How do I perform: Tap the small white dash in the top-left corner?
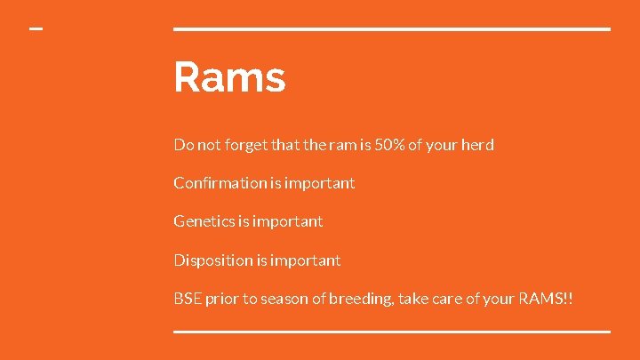pyautogui.click(x=36, y=29)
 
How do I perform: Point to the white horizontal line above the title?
pyautogui.click(x=391, y=29)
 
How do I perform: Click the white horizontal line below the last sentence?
pyautogui.click(x=391, y=332)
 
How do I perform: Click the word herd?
pyautogui.click(x=477, y=144)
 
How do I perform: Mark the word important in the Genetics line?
pyautogui.click(x=287, y=221)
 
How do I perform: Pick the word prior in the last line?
pyautogui.click(x=222, y=299)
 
